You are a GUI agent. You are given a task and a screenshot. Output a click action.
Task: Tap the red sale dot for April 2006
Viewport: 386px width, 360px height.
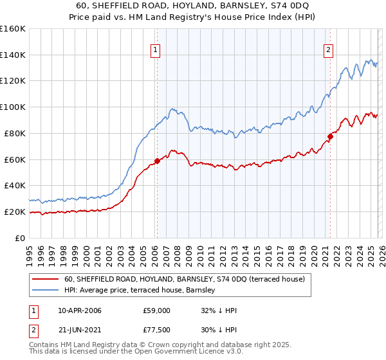pos(157,161)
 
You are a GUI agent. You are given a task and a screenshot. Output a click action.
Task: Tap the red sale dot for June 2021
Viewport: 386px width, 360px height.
pos(330,136)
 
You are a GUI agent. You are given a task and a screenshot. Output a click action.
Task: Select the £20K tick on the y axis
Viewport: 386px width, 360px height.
pos(14,212)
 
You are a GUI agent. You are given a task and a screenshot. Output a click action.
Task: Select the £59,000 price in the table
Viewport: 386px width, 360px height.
pos(157,310)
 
